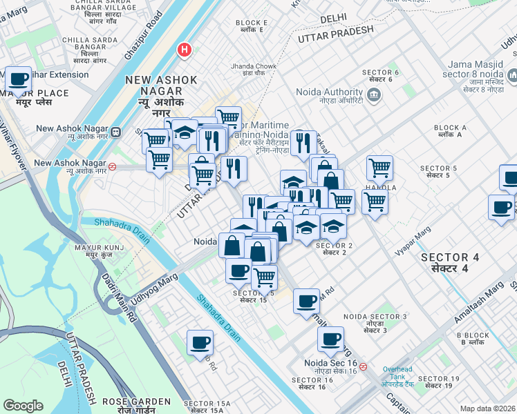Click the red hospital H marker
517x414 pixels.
tap(184, 50)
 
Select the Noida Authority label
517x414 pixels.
tap(329, 92)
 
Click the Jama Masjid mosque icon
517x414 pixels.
tap(512, 75)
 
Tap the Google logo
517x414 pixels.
tap(23, 406)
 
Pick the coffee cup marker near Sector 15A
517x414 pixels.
tap(200, 343)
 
